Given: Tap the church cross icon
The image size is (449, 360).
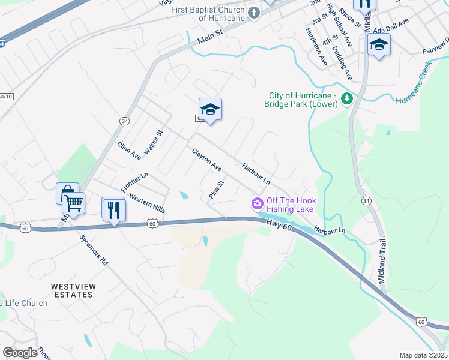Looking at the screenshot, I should click(254, 13).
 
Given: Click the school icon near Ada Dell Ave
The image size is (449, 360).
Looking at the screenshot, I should click(379, 45).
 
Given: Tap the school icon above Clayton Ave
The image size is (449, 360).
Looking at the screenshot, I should click(210, 110).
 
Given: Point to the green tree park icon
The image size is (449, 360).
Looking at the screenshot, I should click(346, 98).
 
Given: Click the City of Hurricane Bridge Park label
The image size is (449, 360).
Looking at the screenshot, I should click(301, 100).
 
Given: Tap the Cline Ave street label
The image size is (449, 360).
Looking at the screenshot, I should click(129, 151).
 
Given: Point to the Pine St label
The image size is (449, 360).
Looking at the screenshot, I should click(215, 190).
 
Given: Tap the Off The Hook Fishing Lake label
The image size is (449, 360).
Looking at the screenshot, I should click(291, 205).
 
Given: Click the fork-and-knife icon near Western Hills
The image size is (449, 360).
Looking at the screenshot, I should click(113, 210).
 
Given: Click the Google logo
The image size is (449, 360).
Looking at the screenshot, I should click(20, 353).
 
